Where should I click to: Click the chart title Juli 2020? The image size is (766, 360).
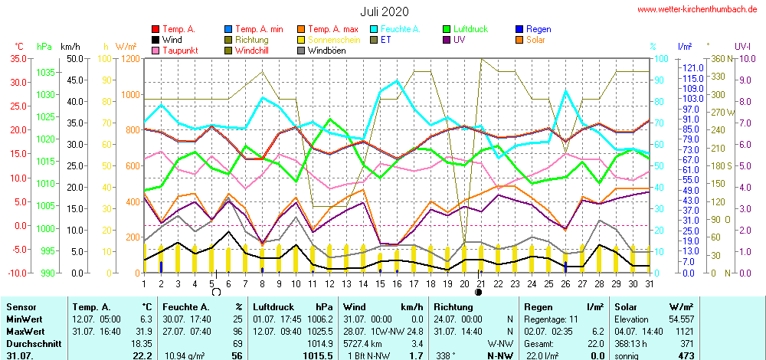pos(385,11)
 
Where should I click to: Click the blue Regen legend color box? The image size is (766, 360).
pos(519,29)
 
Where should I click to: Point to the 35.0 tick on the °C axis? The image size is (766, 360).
pos(17,58)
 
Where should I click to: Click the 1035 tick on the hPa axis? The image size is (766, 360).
pos(46,72)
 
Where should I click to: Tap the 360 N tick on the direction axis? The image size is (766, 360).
pos(719,58)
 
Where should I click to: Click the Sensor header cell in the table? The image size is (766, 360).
pos(20,306)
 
